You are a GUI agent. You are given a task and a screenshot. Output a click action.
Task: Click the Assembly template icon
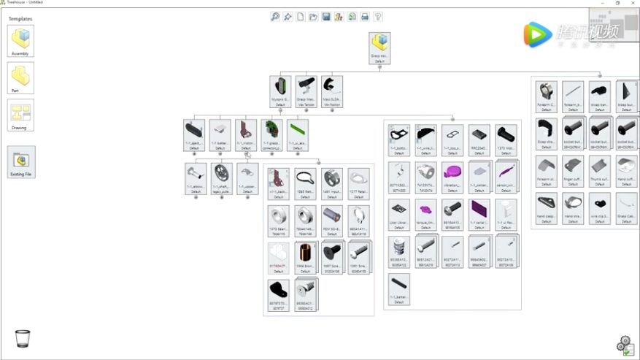(x=20, y=39)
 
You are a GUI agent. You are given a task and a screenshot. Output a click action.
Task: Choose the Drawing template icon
(x=20, y=113)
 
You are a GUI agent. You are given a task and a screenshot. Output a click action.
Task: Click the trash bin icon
(x=23, y=339)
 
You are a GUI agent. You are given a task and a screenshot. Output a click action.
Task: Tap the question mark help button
(x=377, y=17)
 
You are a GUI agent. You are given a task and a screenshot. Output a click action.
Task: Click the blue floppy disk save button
(x=326, y=17)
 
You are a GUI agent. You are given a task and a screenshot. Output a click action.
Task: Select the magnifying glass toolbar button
(x=275, y=17)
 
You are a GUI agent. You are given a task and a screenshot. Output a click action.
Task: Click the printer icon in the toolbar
(x=365, y=17)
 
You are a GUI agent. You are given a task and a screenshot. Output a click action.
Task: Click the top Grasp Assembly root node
(x=379, y=47)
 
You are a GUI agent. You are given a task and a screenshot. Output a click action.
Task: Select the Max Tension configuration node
(x=306, y=90)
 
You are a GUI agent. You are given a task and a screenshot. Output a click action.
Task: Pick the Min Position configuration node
(x=332, y=90)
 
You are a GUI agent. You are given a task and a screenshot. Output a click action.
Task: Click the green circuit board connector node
(x=271, y=134)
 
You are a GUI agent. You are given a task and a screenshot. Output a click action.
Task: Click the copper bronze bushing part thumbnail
(x=305, y=256)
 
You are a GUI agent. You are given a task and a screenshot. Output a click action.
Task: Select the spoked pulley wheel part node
(x=222, y=176)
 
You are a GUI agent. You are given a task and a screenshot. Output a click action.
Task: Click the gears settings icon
(x=624, y=344)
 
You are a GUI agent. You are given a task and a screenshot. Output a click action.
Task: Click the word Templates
(x=20, y=19)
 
